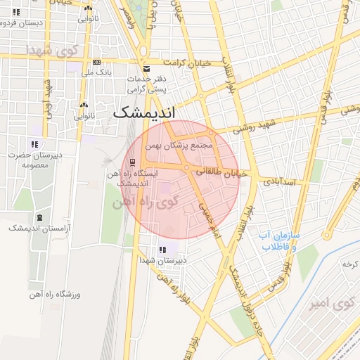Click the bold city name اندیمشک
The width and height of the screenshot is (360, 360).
point(146,112)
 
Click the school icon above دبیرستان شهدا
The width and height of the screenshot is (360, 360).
point(163,250)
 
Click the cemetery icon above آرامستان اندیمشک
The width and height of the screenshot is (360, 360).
point(37,218)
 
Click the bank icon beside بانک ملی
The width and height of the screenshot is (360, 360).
point(96,62)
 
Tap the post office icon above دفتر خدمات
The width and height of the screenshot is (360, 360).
point(146,69)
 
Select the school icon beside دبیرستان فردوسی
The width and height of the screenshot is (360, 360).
point(16,12)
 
